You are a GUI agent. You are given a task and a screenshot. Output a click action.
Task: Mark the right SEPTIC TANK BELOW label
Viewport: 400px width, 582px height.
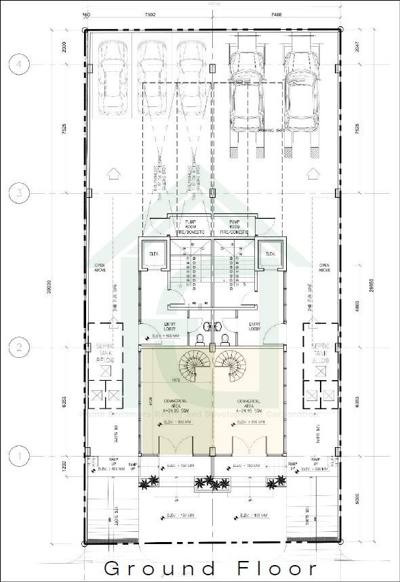tap(320, 353)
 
